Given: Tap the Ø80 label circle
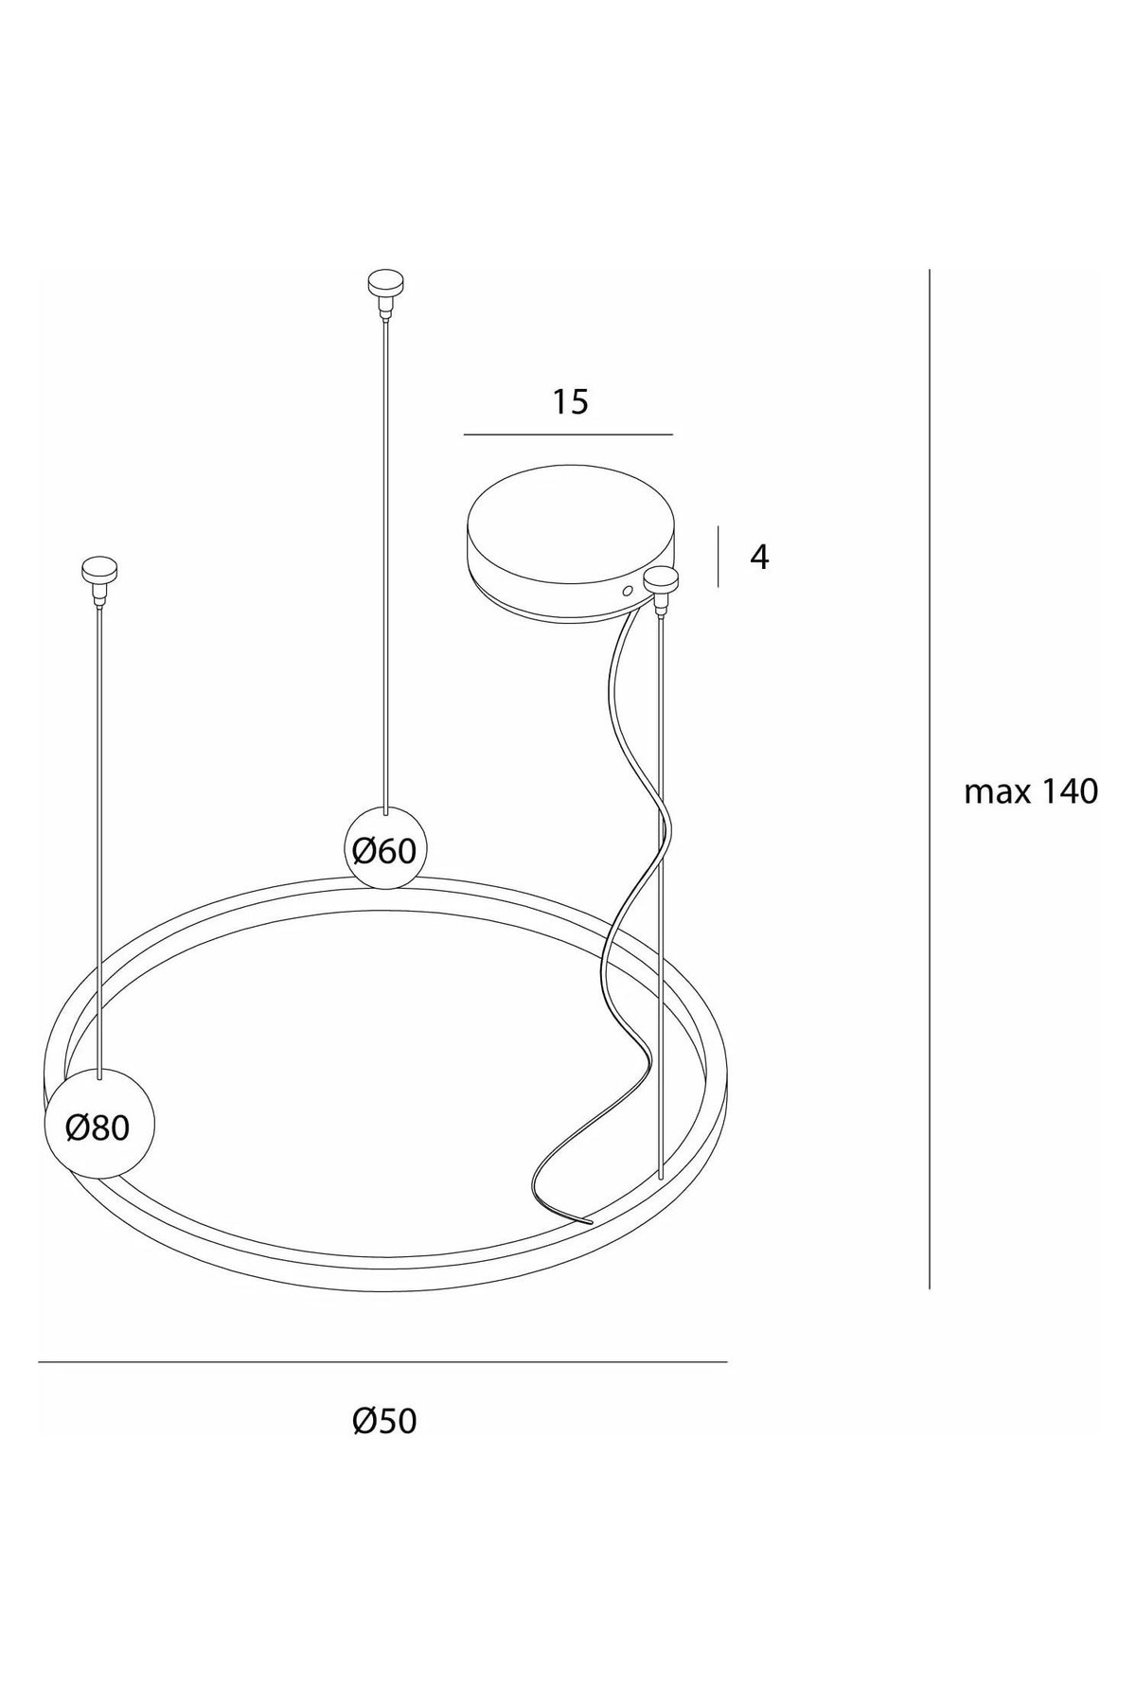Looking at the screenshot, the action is pyautogui.click(x=98, y=1123).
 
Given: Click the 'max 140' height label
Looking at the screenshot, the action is pyautogui.click(x=1031, y=791).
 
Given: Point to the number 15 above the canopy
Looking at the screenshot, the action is pyautogui.click(x=570, y=402).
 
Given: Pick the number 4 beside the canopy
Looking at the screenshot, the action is pyautogui.click(x=759, y=558).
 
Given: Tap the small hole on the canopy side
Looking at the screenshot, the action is pyautogui.click(x=627, y=590).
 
